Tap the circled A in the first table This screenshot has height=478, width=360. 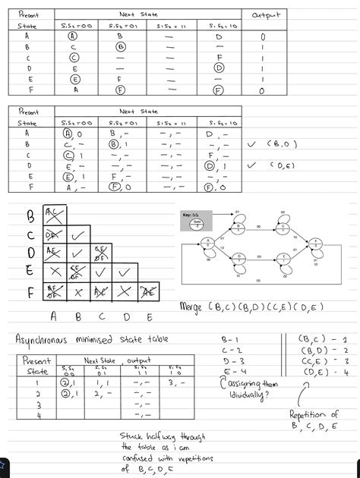click(x=76, y=35)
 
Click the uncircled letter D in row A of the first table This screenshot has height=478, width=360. click(x=219, y=35)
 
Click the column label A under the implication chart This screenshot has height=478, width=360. click(x=54, y=316)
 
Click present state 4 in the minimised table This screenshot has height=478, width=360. click(x=36, y=416)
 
